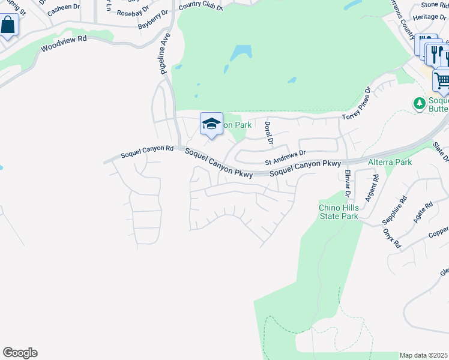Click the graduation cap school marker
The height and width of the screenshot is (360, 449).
pyautogui.click(x=211, y=124)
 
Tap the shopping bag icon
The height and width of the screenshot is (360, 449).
pyautogui.click(x=8, y=25)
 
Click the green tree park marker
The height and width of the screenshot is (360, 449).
pyautogui.click(x=420, y=103)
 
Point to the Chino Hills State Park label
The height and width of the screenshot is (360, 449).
pyautogui.click(x=339, y=212)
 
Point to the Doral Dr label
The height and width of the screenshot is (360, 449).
pyautogui.click(x=268, y=134)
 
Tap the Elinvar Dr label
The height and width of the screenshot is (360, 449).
pyautogui.click(x=347, y=184)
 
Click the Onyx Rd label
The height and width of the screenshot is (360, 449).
pyautogui.click(x=391, y=238)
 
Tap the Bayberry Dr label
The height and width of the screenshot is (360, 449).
pyautogui.click(x=152, y=19)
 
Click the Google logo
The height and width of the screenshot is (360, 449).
pyautogui.click(x=20, y=353)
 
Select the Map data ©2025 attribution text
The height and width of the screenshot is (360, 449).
pyautogui.click(x=423, y=355)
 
